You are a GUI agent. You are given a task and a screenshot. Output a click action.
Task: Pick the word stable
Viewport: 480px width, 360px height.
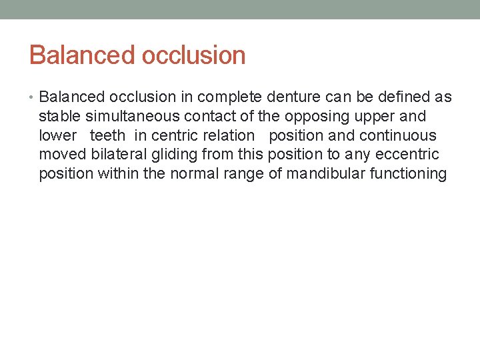[x=58, y=117]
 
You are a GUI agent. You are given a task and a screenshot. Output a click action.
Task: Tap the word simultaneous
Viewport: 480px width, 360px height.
[x=125, y=117]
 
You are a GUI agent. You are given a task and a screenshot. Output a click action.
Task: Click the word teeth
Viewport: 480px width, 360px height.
[x=107, y=136]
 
